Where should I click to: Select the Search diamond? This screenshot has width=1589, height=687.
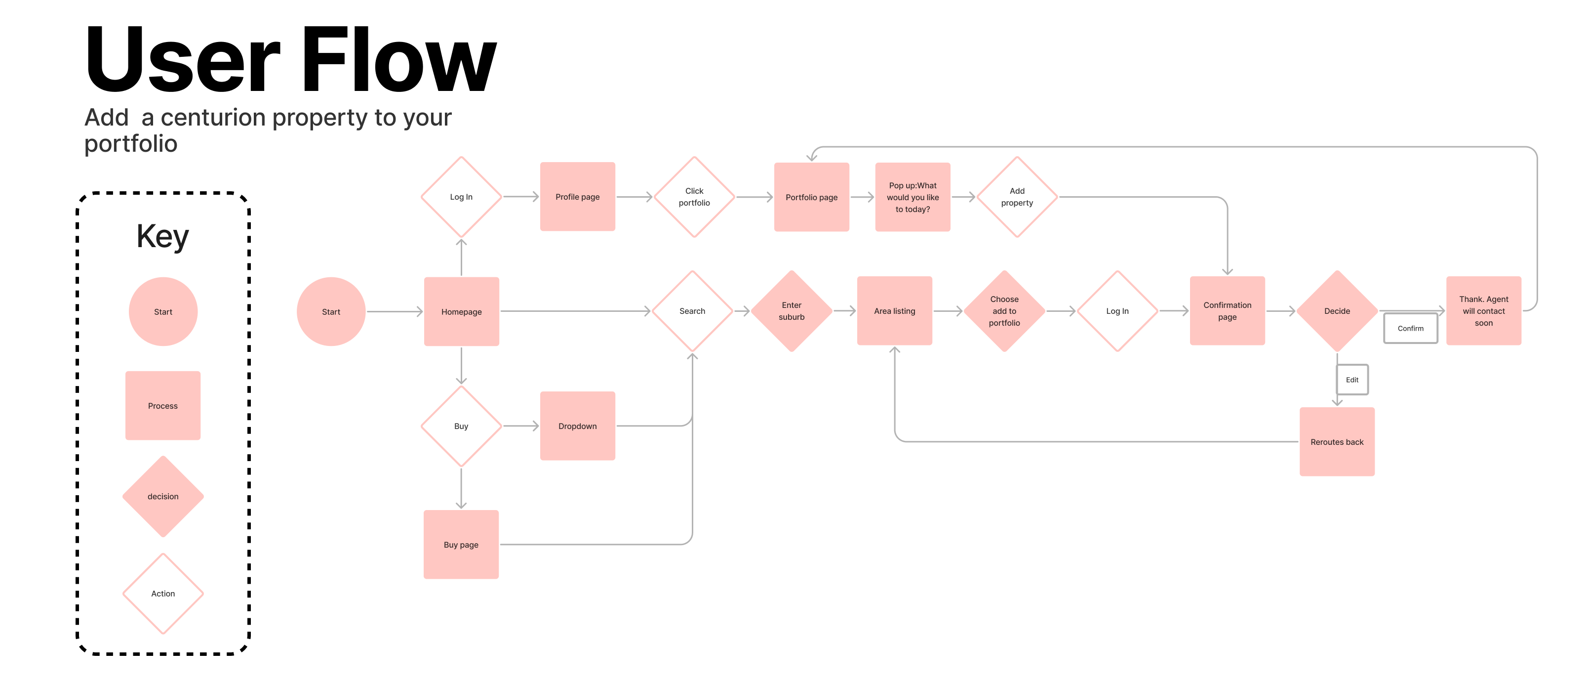pos(692,311)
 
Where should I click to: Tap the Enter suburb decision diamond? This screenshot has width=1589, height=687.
pos(792,311)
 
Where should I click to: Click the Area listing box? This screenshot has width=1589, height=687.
pos(894,310)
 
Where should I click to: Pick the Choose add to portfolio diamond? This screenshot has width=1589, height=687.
pos(1004,311)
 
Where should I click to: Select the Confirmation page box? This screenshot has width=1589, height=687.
pos(1227,310)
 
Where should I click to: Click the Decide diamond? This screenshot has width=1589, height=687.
pos(1337,311)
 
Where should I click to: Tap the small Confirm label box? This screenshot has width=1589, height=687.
pos(1410,328)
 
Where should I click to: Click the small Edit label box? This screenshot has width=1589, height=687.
pos(1352,380)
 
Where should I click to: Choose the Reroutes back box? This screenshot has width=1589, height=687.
pos(1337,441)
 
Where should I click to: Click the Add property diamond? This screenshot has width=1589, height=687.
pos(1017,197)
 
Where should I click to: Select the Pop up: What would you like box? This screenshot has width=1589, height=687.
pos(913,197)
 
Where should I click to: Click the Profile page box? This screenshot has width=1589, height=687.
pos(577,196)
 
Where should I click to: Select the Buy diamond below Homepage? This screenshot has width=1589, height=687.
pos(461,426)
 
